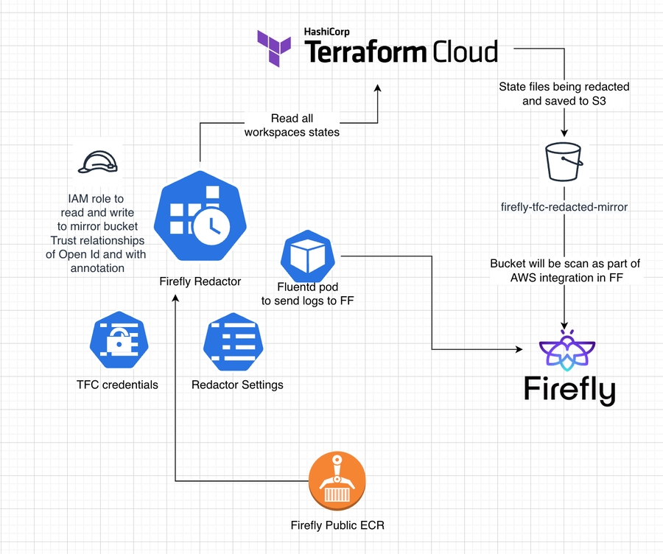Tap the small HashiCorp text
[326, 32]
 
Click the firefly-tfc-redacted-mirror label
[564, 207]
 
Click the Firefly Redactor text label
[200, 281]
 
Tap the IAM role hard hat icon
[99, 162]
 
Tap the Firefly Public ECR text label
[337, 525]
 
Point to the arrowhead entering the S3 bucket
[564, 135]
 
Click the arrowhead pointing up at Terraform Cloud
[378, 88]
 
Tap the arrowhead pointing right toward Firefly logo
[518, 349]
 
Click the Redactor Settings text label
[236, 385]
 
